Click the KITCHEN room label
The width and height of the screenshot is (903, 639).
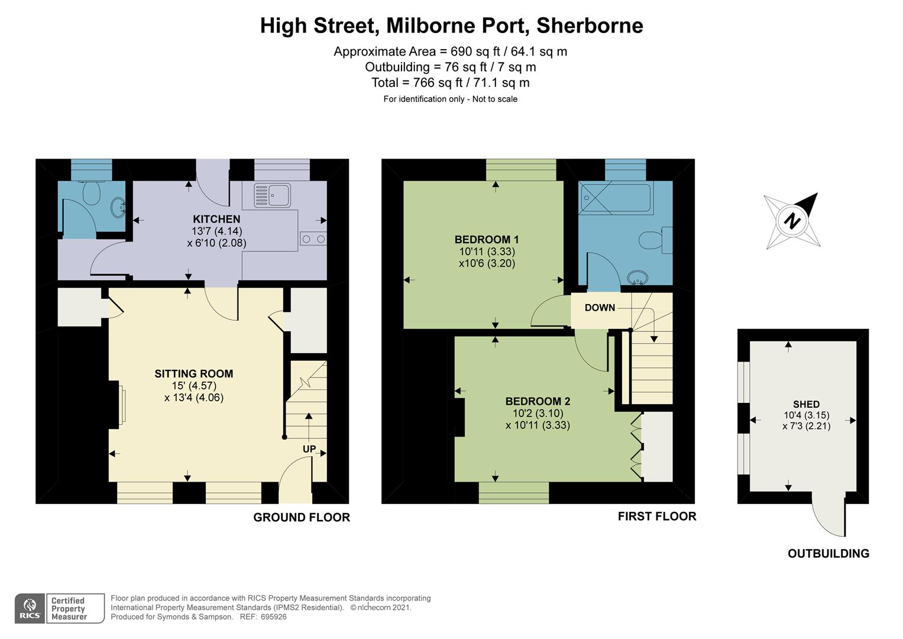[216, 219]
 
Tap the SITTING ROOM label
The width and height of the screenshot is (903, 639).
[193, 373]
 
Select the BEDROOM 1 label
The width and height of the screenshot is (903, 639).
[486, 240]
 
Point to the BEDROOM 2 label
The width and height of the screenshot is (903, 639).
[538, 401]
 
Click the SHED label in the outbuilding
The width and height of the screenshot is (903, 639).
[805, 404]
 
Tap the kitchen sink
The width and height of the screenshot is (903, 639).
[272, 195]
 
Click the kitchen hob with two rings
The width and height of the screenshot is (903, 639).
[313, 239]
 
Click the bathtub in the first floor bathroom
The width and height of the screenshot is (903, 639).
[616, 197]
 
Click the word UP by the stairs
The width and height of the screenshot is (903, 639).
[309, 449]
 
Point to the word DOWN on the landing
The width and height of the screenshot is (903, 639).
[600, 308]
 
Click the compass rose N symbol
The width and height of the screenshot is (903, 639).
[791, 221]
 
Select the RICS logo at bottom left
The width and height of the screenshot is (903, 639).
[30, 608]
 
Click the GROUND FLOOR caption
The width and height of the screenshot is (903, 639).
[302, 517]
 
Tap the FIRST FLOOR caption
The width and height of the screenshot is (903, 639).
[656, 517]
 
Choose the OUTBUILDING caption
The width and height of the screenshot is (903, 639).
[828, 554]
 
